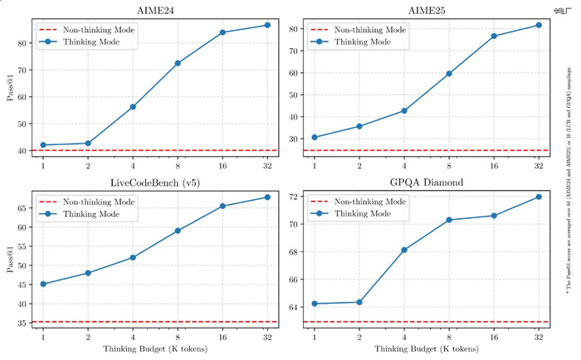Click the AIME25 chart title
pos(426,10)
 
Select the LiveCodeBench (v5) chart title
pos(155,182)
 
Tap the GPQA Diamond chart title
pos(426,182)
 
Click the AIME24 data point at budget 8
pos(178,63)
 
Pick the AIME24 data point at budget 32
pos(267,25)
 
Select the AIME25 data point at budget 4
pos(404,110)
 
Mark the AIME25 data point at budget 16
pos(494,36)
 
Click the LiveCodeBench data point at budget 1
pos(43,284)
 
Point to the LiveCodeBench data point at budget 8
pos(178,231)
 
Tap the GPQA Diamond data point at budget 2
pos(359,302)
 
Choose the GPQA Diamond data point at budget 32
pos(539,197)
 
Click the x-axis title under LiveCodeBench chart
pos(155,349)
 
